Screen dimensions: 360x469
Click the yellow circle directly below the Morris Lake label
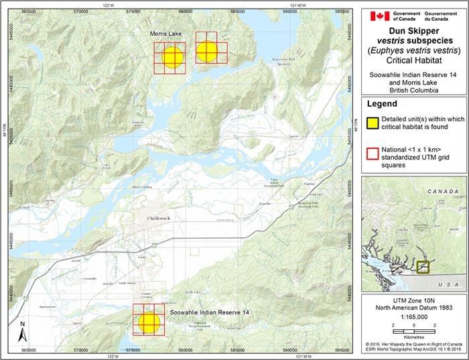172,57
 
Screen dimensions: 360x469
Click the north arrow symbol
23,330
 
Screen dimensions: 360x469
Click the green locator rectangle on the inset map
423,267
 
